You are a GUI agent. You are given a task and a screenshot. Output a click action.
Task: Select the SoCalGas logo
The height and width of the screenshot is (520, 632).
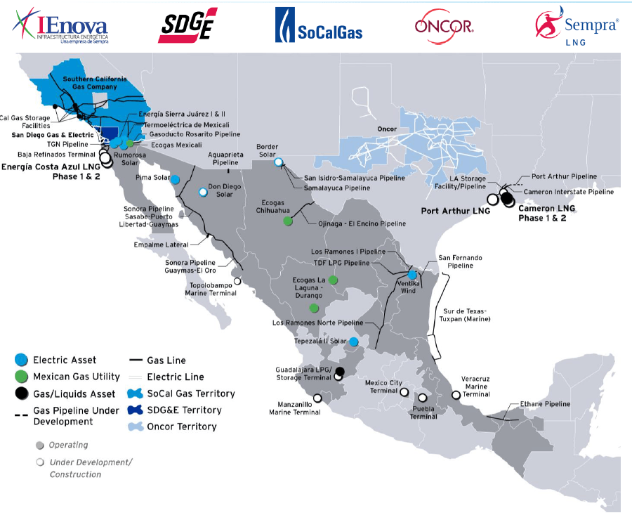click(x=318, y=26)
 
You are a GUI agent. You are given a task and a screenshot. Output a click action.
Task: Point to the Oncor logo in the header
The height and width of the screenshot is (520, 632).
click(x=444, y=27)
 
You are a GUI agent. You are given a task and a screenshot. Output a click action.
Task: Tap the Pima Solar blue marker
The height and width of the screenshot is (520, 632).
click(x=174, y=179)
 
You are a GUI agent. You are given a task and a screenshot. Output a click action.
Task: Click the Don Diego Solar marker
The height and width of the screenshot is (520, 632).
click(x=203, y=192)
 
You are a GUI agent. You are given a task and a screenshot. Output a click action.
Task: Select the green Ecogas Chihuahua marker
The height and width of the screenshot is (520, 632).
click(x=288, y=221)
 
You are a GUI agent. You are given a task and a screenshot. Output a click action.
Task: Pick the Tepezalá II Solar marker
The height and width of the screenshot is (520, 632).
click(x=355, y=342)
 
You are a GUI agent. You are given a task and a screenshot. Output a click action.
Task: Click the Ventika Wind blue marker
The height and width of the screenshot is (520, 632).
click(x=412, y=275)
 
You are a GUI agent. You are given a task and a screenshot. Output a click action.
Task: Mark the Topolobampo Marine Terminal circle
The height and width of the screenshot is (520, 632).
click(x=237, y=281)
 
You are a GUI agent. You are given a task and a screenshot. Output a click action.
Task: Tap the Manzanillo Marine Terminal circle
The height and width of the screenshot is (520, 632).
click(x=317, y=398)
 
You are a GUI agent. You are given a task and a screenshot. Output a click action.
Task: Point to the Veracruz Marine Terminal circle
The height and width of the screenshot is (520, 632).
click(x=456, y=395)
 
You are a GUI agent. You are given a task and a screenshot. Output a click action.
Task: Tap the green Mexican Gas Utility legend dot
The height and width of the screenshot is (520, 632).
click(x=22, y=377)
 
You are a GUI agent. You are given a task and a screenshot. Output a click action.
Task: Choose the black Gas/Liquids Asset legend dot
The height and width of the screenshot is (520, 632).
click(x=22, y=394)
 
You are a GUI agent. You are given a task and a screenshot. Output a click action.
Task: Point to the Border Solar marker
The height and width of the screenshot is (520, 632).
click(x=279, y=162)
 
